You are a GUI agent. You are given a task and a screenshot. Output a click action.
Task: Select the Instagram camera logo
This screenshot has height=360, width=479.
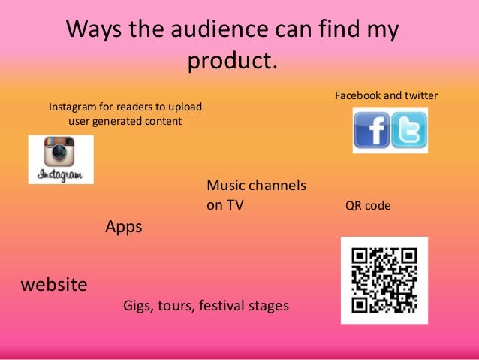click(59, 153)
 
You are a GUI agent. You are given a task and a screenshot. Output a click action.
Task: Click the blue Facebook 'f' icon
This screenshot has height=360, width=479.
click(372, 131)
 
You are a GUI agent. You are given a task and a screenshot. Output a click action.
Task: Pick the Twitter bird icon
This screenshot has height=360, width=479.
click(409, 130)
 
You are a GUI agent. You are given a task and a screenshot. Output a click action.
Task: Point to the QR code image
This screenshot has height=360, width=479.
click(384, 280)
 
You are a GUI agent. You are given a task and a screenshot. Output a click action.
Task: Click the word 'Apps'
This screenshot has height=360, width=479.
click(124, 227)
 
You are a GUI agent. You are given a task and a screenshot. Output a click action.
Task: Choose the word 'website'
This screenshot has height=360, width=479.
click(54, 286)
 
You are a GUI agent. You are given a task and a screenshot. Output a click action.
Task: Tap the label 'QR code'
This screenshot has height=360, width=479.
click(368, 206)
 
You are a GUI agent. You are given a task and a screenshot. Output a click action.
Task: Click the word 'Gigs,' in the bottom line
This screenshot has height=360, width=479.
click(138, 307)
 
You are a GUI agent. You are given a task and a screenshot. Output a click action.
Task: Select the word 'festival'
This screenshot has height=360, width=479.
click(224, 307)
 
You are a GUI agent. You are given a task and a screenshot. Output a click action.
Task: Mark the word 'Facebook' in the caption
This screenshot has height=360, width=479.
click(357, 96)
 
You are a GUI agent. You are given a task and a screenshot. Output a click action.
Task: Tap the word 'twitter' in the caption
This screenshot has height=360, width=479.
click(420, 96)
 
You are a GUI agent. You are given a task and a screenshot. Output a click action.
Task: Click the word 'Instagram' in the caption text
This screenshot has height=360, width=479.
click(74, 107)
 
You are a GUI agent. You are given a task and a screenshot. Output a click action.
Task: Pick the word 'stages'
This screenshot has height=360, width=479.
click(270, 307)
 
